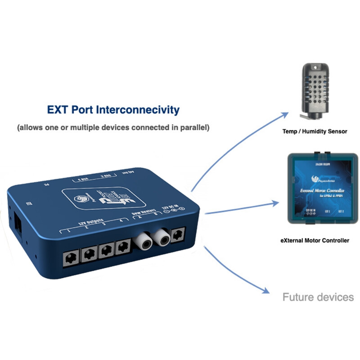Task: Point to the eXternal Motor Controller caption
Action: pos(315,241)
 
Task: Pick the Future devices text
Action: pos(318,297)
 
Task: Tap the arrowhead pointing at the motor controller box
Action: pos(275,203)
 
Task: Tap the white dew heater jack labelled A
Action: pos(143,243)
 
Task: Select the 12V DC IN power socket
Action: pos(179,234)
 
